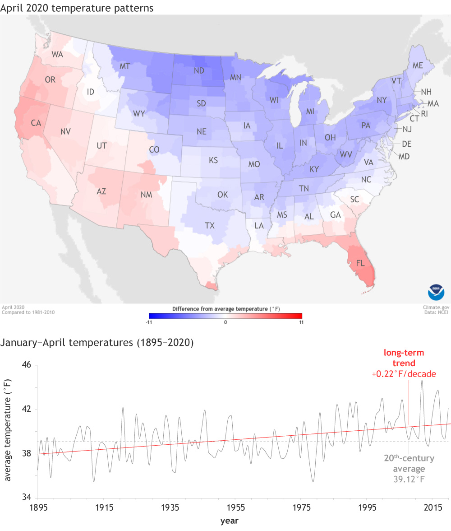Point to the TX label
coord(210,225)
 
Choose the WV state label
coord(346,154)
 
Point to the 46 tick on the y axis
coord(26,365)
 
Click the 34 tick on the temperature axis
coord(26,498)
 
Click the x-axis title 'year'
coord(229,521)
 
